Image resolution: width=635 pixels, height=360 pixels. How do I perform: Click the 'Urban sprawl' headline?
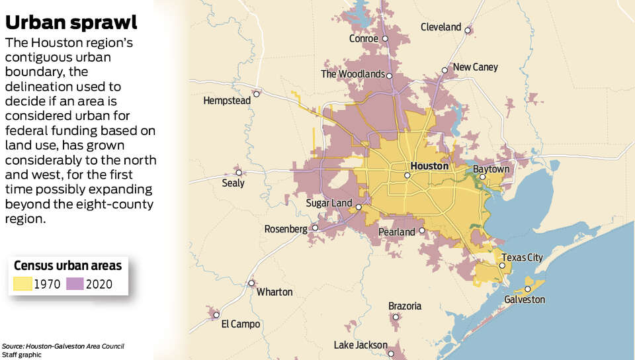pos(71,22)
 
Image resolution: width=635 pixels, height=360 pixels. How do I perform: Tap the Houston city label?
pos(429,166)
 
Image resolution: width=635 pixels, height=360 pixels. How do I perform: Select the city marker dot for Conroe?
pos(385,38)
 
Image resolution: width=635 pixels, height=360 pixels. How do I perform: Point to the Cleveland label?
pos(441,27)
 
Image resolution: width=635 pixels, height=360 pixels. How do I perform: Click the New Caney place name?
pos(475,67)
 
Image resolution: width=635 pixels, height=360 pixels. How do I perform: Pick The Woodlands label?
pos(352,74)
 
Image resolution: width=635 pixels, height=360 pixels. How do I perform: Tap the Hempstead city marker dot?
pos(257,94)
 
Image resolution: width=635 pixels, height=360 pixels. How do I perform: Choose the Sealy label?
pos(232,183)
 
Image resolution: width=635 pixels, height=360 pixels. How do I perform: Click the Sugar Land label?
pos(328,202)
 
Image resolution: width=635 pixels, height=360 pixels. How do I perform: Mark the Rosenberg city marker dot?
pos(315,228)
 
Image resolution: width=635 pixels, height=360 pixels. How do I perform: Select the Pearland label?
pos(396,232)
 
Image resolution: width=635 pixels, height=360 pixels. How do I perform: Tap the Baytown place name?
pos(490,169)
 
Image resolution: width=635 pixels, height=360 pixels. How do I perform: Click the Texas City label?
pos(522,257)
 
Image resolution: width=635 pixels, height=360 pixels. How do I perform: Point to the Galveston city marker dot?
pos(528,289)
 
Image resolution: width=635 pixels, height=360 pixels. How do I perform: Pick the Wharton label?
pos(274,292)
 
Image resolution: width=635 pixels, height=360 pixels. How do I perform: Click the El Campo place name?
pos(240,324)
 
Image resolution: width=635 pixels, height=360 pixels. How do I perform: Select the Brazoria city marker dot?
pos(396,318)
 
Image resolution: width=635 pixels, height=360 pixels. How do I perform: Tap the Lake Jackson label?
pos(360,345)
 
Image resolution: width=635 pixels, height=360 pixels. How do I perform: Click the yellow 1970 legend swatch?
pos(22,285)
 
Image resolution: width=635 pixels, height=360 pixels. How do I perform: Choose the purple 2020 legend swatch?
pos(73,285)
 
